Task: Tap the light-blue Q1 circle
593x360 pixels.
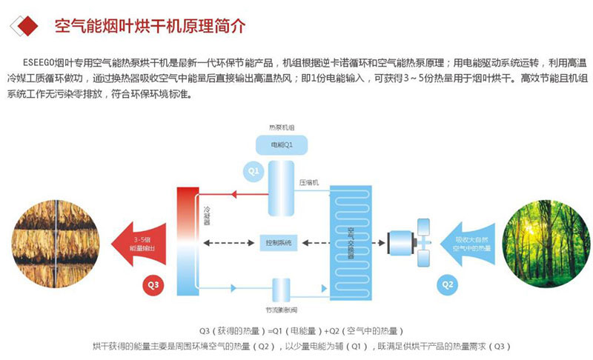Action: pyautogui.click(x=252, y=172)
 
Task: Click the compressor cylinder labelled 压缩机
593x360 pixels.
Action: pyautogui.click(x=282, y=181)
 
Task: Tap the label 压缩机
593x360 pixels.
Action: pyautogui.click(x=308, y=182)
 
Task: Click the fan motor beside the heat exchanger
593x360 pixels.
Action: pyautogui.click(x=401, y=240)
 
